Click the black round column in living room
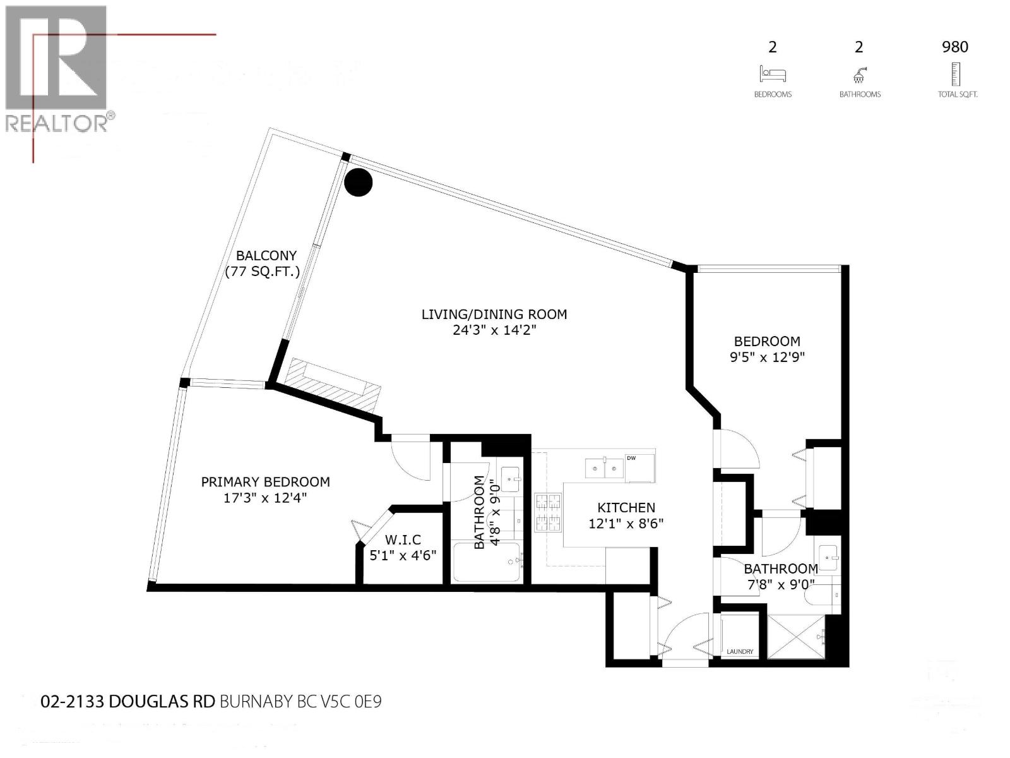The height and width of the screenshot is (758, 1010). coord(359,182)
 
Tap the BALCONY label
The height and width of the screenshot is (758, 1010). coord(266,256)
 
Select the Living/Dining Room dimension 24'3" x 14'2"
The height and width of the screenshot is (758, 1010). coord(494,330)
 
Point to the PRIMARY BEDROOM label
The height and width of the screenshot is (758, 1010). coord(265,482)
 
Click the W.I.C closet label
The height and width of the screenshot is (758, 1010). coord(403,540)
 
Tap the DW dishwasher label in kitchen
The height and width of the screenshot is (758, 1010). coord(631,458)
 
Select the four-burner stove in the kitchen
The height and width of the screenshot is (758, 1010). coord(548,512)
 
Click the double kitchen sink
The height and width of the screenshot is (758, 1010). coord(604,468)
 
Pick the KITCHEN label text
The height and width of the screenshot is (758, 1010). coord(626,507)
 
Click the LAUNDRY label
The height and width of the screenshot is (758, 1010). coord(740,651)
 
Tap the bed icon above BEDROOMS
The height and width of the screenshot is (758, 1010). coord(773,74)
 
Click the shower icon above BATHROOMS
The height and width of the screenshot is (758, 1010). coord(859,75)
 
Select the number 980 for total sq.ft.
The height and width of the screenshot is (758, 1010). coord(954,47)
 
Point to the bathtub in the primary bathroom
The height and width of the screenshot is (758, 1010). coord(486,562)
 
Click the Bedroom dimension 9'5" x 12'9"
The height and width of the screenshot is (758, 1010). coord(767,357)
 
